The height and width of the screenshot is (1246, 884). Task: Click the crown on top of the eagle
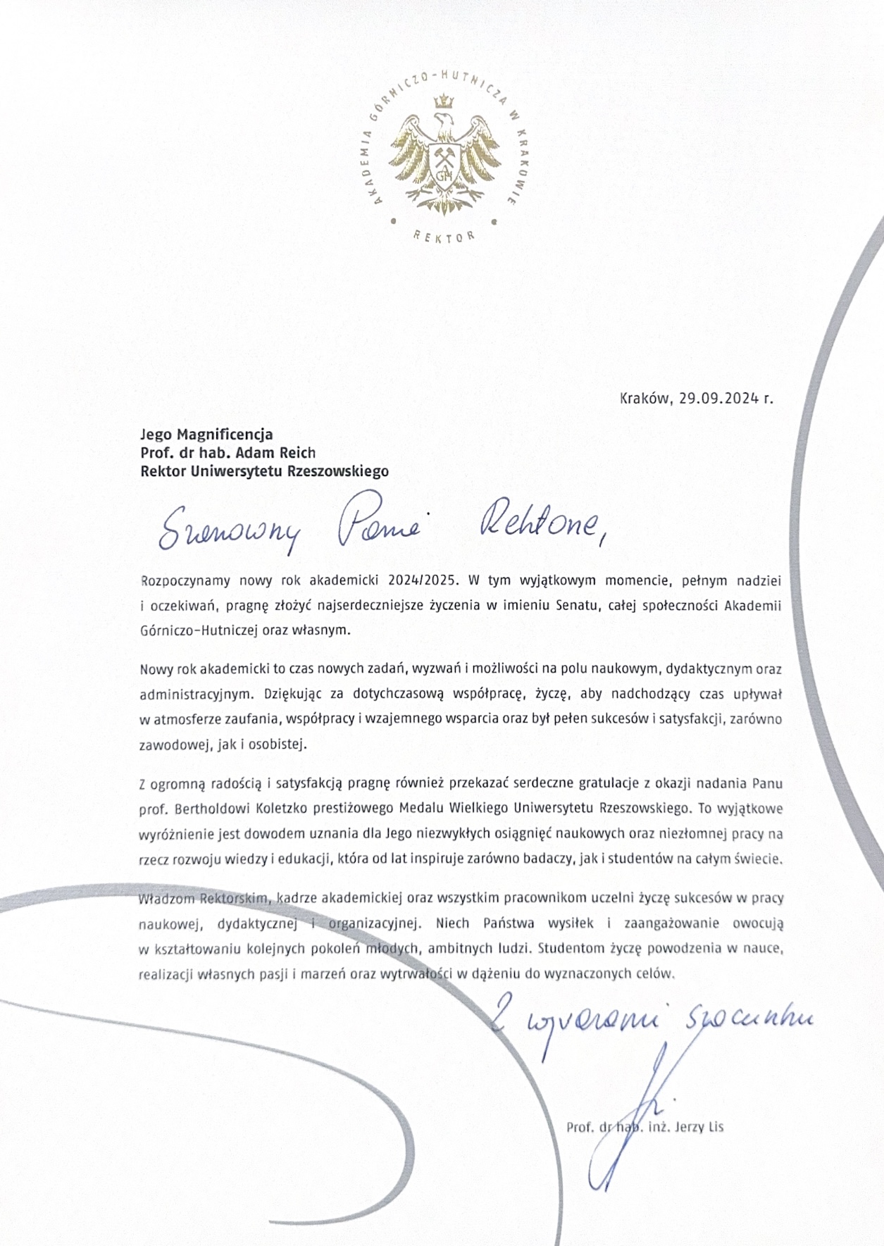443,103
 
